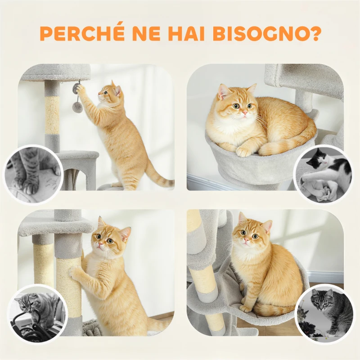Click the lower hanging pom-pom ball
tap(78, 107)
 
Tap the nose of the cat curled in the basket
tap(242, 113)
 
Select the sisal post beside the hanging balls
tap(52, 115)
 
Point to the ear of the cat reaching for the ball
tap(117, 90)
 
